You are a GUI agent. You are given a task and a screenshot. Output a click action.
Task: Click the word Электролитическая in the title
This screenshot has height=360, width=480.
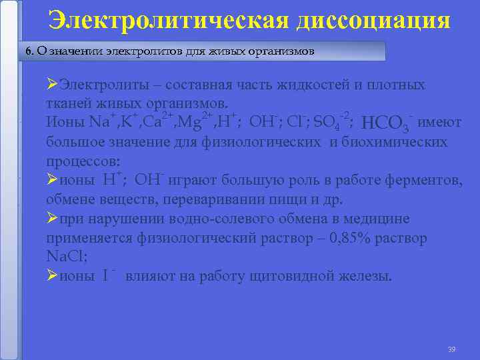[x=168, y=19]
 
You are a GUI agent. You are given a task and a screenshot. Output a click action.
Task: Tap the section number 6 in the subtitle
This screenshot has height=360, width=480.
[x=27, y=51]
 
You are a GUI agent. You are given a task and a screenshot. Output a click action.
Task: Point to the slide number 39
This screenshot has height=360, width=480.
[x=451, y=349]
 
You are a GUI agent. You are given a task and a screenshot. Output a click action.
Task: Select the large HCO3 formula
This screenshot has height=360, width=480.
[x=385, y=124]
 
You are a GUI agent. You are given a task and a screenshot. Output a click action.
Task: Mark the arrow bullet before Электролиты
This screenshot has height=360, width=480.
[x=52, y=85]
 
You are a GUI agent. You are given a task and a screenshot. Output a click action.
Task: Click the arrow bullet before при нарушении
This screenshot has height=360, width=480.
[x=52, y=219]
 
